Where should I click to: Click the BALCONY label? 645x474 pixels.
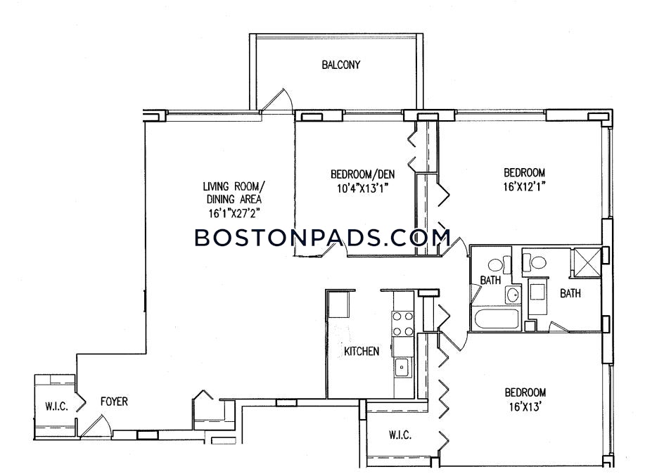tap(340, 65)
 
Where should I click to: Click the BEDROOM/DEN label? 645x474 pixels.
tap(362, 174)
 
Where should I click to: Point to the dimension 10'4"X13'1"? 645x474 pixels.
tap(362, 188)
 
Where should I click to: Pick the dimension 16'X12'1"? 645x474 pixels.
tap(524, 186)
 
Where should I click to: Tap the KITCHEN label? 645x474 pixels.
tap(361, 352)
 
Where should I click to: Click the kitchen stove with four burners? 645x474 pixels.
tap(403, 324)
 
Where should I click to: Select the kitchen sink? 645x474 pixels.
tap(402, 367)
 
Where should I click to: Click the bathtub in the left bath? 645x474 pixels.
tap(495, 319)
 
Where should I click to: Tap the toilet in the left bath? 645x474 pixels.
tap(499, 264)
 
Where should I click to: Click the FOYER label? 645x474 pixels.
tap(114, 401)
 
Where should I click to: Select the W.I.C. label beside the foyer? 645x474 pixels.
tap(56, 406)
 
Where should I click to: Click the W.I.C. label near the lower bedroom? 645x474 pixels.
tap(400, 435)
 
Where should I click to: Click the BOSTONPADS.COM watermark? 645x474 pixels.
tap(322, 238)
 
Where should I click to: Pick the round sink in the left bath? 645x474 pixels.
tap(513, 295)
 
